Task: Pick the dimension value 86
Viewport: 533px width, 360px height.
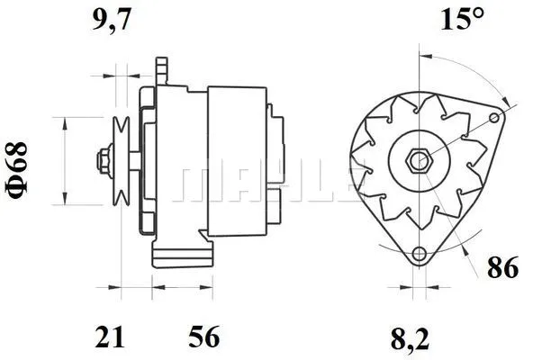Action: [501, 266]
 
